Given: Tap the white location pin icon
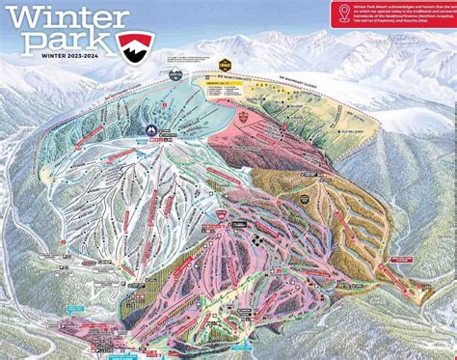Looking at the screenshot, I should [x=340, y=13].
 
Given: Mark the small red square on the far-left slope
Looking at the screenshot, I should [x=21, y=199].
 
